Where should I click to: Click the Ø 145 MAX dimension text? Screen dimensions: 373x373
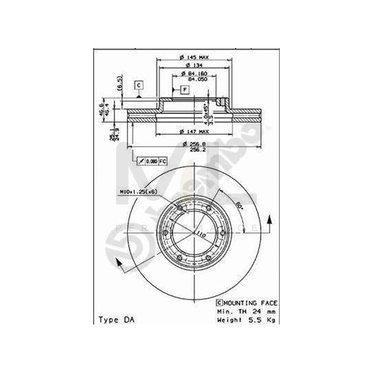[x=194, y=57]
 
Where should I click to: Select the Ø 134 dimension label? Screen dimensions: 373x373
[x=194, y=65]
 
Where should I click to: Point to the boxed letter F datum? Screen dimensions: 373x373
[x=184, y=90]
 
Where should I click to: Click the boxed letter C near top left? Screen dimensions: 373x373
[x=139, y=85]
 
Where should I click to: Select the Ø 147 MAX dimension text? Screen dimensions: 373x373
[x=194, y=132]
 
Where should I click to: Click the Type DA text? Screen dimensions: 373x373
[x=111, y=320]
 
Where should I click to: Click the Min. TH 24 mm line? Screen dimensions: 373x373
[x=246, y=311]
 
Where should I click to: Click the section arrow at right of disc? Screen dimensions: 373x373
[x=269, y=224]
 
